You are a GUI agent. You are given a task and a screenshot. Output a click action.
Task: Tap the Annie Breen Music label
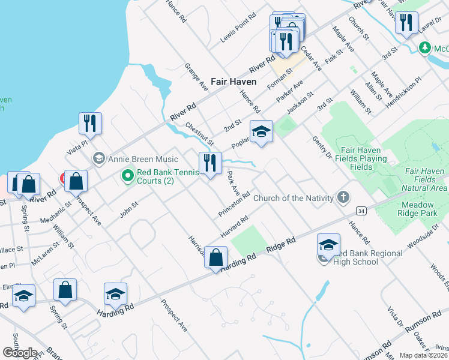coord(143,159)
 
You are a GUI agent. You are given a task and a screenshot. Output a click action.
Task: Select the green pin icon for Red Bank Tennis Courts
coord(127,176)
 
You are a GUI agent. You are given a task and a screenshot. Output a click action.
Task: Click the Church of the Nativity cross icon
coord(343,197)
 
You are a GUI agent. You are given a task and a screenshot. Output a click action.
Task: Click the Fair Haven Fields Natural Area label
coord(426,179)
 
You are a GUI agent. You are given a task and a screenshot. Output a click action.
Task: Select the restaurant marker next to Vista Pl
coord(90,123)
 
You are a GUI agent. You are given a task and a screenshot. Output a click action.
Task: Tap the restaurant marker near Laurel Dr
coord(406,23)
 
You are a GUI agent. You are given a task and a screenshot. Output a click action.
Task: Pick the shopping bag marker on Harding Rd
coord(216,256)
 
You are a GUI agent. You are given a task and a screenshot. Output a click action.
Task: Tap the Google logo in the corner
coord(20,353)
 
